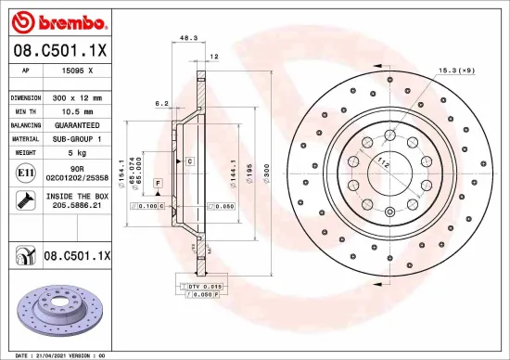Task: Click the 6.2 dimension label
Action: coord(160,104)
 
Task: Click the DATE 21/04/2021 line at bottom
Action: coord(56,354)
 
